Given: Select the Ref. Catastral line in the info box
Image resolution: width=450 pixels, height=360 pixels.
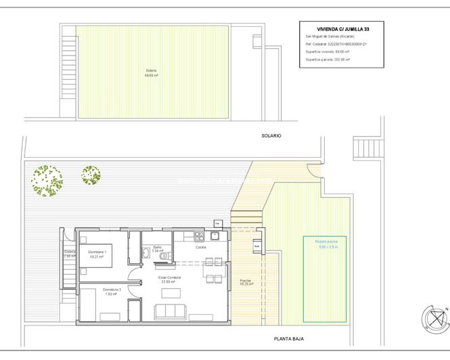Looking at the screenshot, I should tap(336, 44).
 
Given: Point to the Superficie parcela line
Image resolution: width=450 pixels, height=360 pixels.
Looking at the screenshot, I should tap(331, 59).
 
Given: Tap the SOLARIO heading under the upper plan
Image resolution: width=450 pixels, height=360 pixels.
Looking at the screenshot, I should tap(271, 136).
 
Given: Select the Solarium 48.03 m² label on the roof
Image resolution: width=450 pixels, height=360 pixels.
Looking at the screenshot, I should tap(152, 73).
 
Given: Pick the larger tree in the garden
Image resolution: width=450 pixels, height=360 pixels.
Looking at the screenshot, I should tap(45, 181).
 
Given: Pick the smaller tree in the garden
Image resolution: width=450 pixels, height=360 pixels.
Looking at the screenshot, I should tap(91, 175).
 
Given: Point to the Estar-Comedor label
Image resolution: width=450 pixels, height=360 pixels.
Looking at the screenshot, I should tap(168, 279).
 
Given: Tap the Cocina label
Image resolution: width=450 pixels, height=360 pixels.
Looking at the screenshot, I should tap(201, 248).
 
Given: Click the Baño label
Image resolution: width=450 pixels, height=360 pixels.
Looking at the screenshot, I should tap(157, 249).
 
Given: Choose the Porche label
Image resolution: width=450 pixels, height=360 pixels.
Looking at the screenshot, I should tap(246, 282).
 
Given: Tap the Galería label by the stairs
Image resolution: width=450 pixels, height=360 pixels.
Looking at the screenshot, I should tap(70, 254).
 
